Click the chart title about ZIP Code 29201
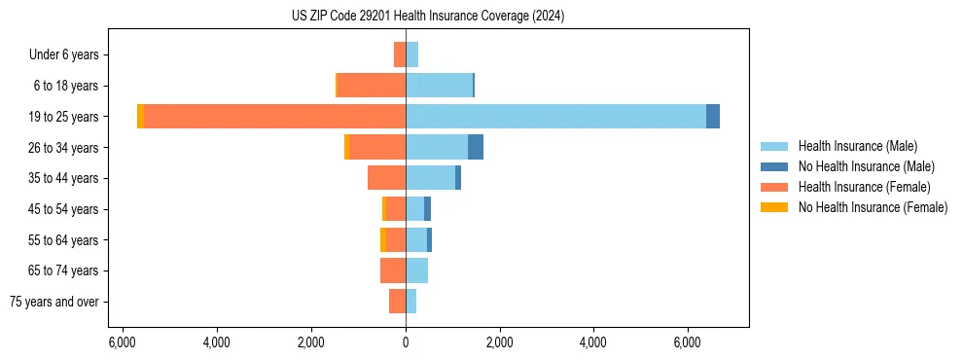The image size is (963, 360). click(428, 17)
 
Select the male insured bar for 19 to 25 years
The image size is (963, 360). click(555, 116)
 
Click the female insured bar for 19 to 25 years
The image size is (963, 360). click(274, 116)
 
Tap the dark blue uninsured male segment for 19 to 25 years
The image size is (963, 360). click(713, 116)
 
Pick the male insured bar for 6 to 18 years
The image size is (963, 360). click(439, 85)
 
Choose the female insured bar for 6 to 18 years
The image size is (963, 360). click(372, 85)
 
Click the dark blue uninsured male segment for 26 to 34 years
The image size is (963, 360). click(476, 147)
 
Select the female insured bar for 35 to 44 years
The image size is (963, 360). click(386, 178)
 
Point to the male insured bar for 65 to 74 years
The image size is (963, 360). click(416, 270)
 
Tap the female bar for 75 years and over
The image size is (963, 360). click(397, 302)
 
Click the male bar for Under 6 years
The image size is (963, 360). click(411, 54)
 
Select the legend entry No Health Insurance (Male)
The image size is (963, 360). click(866, 166)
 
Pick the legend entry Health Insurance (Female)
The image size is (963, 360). click(863, 187)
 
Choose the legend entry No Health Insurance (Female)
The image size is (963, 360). click(872, 207)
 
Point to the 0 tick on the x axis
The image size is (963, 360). click(406, 342)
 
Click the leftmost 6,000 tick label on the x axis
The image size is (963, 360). click(123, 342)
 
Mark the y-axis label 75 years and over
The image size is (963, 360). click(54, 302)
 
